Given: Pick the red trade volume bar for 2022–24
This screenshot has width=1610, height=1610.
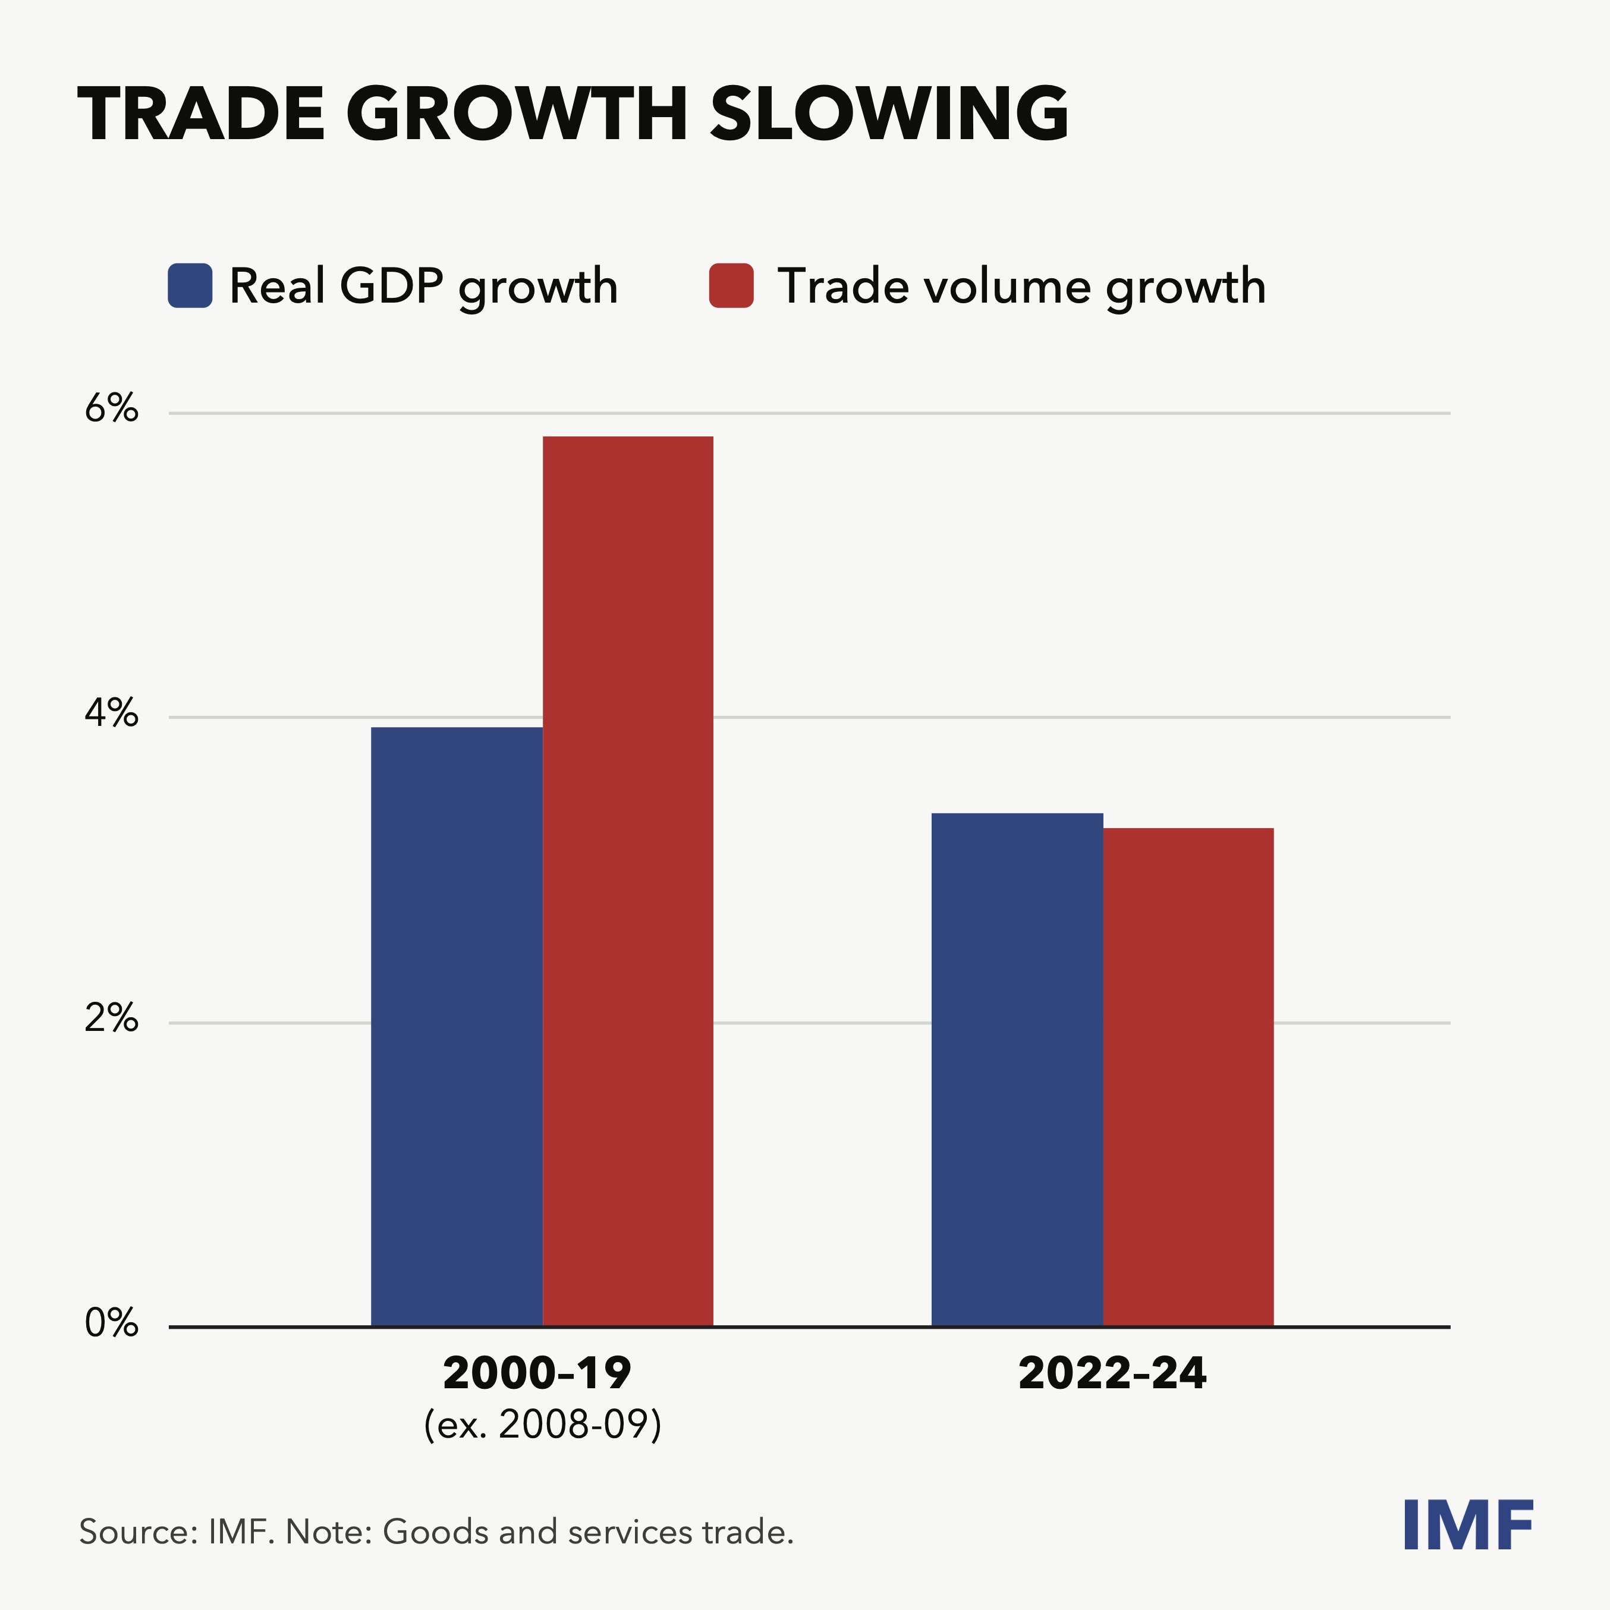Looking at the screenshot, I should [1188, 1077].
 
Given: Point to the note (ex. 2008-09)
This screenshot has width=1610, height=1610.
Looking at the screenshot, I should [542, 1425].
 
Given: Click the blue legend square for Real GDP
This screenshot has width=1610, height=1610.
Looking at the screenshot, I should [190, 286].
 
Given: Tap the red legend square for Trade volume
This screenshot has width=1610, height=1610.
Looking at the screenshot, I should [731, 286].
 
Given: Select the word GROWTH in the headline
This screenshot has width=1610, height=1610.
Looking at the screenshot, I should [517, 114].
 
